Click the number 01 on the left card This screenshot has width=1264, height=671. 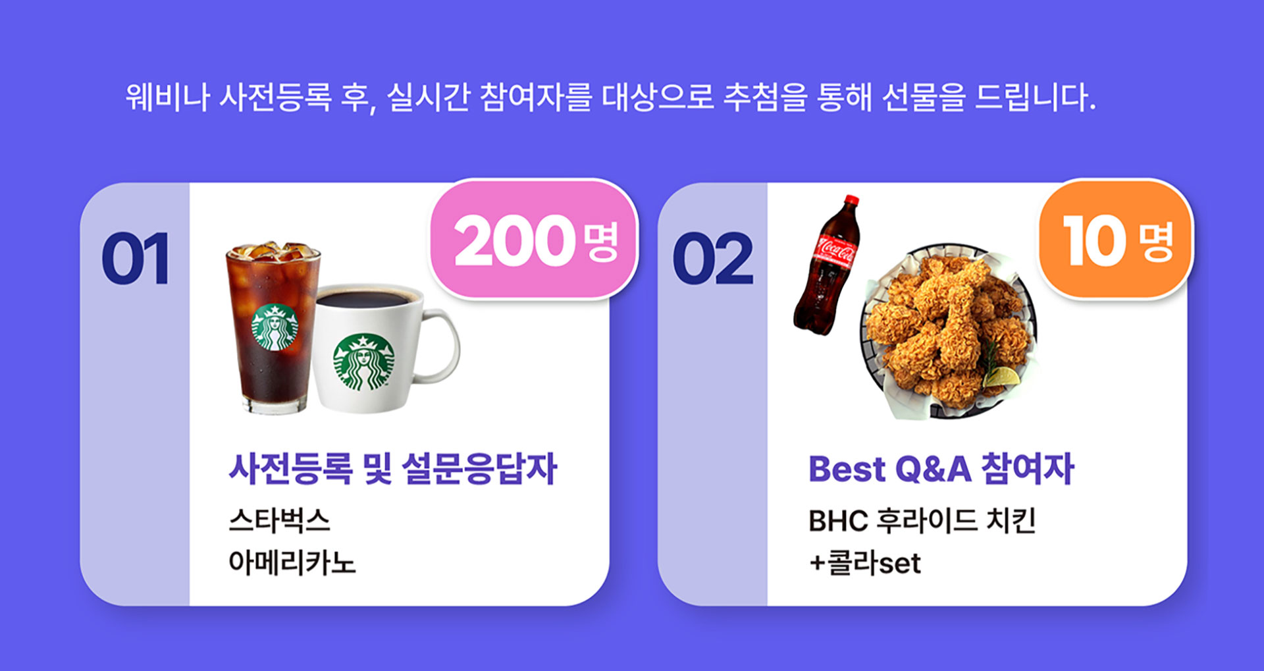click(136, 258)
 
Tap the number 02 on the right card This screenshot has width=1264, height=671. click(713, 258)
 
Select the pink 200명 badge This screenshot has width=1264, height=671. click(534, 240)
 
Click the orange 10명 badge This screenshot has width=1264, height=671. click(1116, 240)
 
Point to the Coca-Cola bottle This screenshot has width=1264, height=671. click(828, 265)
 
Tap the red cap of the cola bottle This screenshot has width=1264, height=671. click(852, 200)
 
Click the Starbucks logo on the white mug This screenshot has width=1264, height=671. click(363, 362)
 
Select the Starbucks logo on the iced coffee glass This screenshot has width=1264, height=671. click(275, 327)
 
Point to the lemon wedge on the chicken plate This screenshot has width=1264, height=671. click(1001, 377)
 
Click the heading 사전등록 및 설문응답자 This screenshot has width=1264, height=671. click(393, 469)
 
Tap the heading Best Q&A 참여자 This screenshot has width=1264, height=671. click(941, 469)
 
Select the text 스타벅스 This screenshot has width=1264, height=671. click(279, 520)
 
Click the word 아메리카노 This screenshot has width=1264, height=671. click(292, 562)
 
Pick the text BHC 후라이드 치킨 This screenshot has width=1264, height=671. click(922, 520)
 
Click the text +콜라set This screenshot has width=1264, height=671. click(865, 562)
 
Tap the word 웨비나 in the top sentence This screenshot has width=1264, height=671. click(168, 97)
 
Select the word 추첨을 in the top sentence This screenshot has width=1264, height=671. click(765, 97)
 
